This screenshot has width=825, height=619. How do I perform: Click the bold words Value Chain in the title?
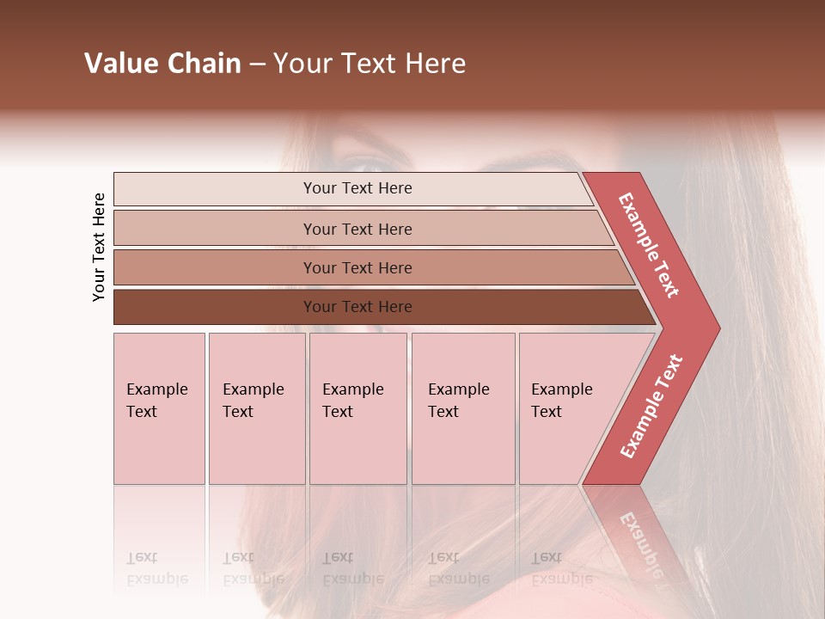162,64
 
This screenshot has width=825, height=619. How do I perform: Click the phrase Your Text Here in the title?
370,64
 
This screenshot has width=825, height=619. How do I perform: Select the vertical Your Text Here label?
99,247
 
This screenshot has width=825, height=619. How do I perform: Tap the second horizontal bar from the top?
357,229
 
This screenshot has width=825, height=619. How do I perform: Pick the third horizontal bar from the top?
357,267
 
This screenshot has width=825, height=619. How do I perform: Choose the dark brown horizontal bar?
357,307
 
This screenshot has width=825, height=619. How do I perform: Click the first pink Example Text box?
159,408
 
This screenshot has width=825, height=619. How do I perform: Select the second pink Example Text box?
256,408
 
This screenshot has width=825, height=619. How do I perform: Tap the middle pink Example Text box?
357,408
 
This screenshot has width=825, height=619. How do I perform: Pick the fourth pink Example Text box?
463,408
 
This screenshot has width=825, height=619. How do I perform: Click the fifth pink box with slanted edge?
567,408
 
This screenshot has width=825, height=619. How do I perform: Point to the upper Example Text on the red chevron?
649,245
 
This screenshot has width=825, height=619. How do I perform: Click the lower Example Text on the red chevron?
651,406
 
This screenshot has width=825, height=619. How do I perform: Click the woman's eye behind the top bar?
365,165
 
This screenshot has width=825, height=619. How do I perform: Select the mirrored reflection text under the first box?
157,568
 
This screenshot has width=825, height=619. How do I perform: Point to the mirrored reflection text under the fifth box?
561,568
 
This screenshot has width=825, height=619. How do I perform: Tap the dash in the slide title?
257,64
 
